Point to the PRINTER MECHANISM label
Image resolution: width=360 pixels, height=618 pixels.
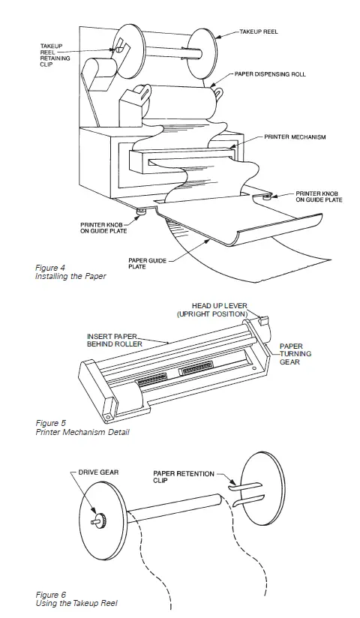tap(294, 138)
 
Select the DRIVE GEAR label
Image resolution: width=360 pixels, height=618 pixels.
tap(100, 474)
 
